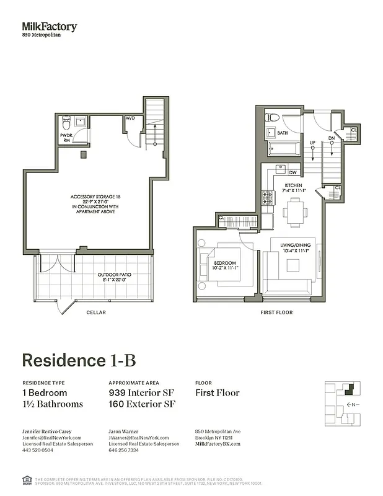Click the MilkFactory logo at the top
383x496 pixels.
coord(50,27)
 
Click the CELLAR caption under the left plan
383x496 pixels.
coord(95,312)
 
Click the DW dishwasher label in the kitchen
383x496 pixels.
coord(293,173)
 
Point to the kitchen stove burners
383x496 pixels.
coord(268,198)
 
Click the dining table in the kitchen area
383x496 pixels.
coord(295,211)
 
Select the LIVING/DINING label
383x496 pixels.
coord(294,246)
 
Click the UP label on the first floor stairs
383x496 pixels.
coord(313,143)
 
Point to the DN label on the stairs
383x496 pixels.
coord(332,139)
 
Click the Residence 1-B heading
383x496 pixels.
coord(79,361)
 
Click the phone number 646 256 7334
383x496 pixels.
coord(124,450)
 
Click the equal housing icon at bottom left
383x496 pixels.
coord(27,479)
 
